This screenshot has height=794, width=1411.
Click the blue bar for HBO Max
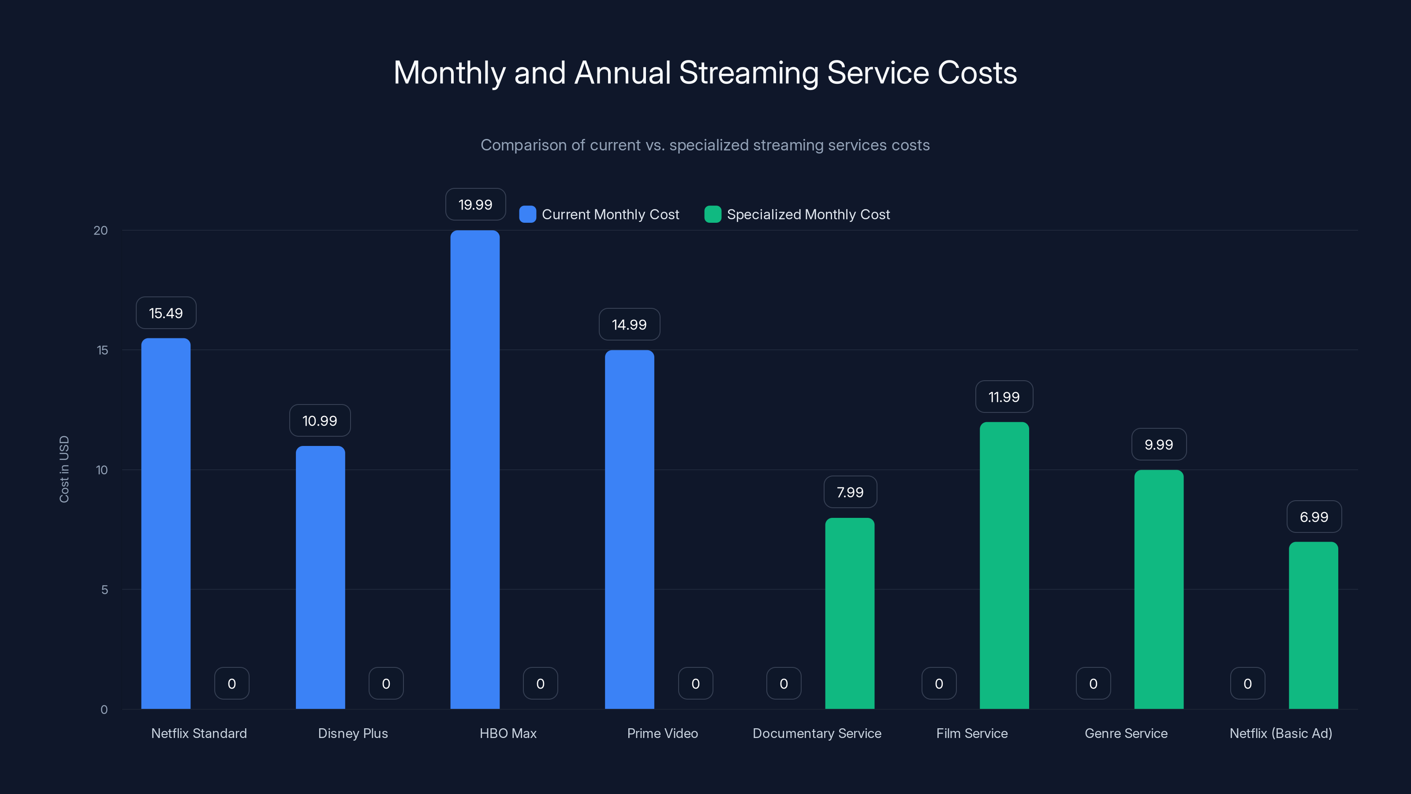pos(475,470)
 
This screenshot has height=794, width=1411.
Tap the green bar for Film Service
pos(1004,566)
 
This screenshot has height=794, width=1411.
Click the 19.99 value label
pos(475,204)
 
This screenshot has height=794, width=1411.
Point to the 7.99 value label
pos(850,492)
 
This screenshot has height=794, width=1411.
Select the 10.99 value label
pos(320,420)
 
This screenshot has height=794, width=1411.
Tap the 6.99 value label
pos(1314,517)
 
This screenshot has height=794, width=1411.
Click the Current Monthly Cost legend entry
pos(599,214)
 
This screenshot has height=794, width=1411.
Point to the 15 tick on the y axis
pos(102,350)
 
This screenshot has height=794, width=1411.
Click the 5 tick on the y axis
pos(104,590)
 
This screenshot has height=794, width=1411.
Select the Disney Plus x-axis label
pos(353,733)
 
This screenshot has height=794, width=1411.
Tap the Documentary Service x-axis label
pos(817,733)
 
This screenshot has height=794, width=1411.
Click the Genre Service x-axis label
pos(1126,733)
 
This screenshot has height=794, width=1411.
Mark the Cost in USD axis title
pos(64,469)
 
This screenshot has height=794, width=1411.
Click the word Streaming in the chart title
pos(748,72)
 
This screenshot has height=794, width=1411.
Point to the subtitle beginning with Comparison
pos(705,145)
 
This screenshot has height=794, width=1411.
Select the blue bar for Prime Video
pos(629,529)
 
